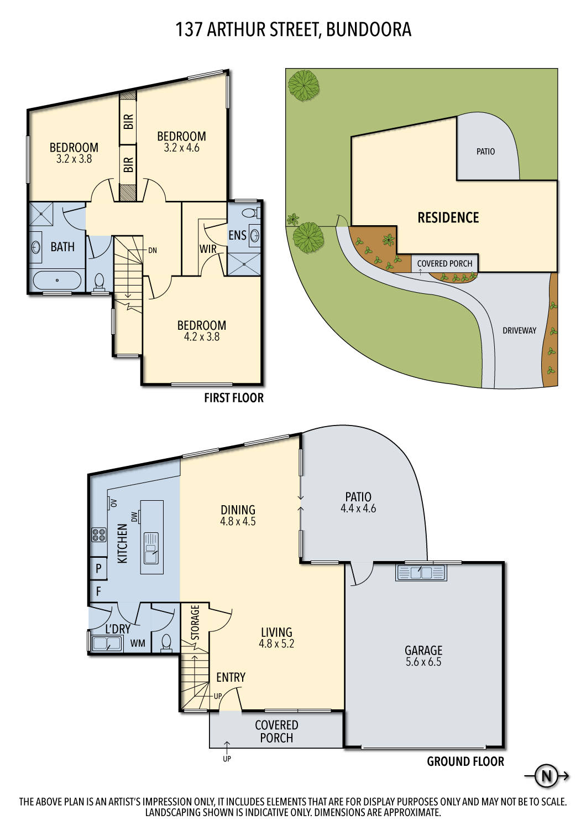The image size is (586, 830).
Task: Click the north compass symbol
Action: [x=546, y=776]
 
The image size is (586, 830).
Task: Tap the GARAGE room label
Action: [x=423, y=650]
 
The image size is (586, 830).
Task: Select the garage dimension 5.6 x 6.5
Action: [x=423, y=662]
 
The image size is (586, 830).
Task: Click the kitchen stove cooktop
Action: [x=99, y=535]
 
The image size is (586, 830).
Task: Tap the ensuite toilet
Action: [x=249, y=212]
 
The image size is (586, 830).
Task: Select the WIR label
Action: [x=208, y=249]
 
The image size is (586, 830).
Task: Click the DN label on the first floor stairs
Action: [x=153, y=251]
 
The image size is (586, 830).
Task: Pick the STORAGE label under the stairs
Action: [x=195, y=622]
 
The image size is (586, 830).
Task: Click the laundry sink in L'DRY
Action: [x=107, y=644]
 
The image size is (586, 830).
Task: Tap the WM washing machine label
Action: [x=138, y=643]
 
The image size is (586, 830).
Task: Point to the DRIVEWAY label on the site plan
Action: [x=519, y=330]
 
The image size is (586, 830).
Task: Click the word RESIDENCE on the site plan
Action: [x=448, y=217]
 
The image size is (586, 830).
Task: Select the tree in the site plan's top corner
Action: [x=304, y=85]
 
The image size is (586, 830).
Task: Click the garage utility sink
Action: [x=421, y=572]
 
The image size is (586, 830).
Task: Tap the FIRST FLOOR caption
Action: [x=234, y=398]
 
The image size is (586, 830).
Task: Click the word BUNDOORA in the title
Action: [x=369, y=29]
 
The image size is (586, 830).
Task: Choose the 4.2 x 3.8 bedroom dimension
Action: [x=202, y=337]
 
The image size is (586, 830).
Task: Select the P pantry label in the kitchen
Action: [x=98, y=568]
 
